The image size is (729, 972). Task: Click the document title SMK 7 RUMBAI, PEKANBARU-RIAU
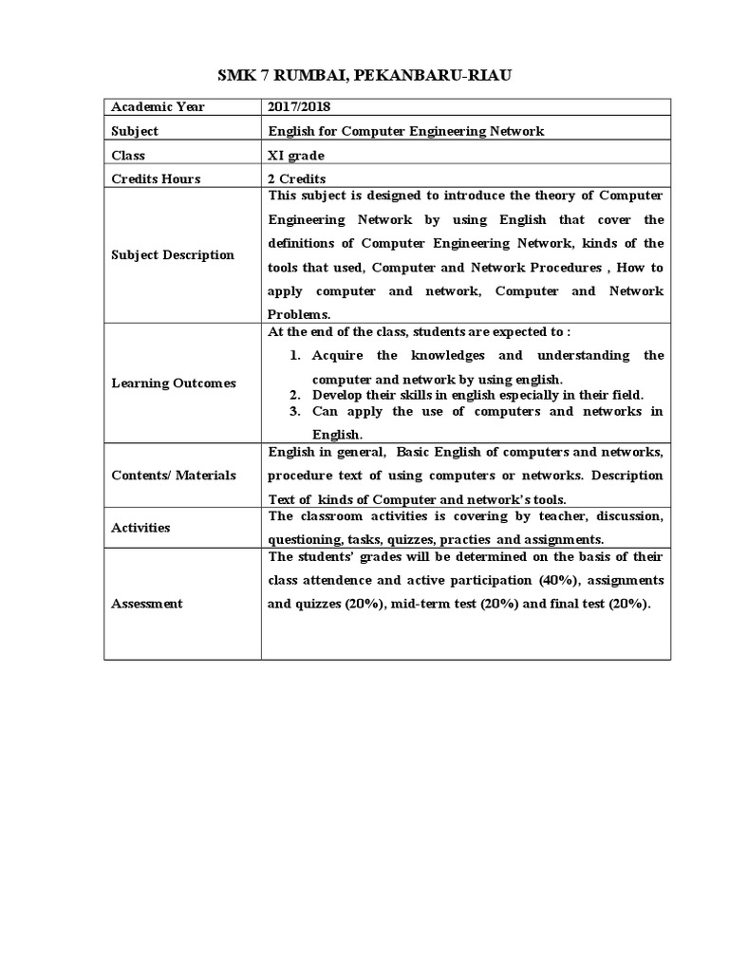364,76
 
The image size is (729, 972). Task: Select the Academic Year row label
158,107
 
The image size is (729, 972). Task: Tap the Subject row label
135,131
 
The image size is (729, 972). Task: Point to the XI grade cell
295,155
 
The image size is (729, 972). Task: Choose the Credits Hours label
156,178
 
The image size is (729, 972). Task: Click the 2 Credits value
297,178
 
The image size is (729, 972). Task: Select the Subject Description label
173,254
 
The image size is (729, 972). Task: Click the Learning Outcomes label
174,383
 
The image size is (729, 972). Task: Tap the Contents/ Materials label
174,475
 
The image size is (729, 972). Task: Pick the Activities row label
140,527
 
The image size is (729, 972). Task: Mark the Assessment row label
147,604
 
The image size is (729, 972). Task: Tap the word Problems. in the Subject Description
298,313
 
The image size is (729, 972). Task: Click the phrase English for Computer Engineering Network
406,131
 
